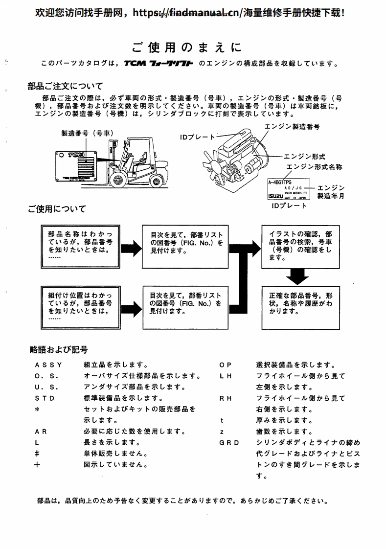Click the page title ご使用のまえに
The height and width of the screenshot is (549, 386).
pyautogui.click(x=186, y=47)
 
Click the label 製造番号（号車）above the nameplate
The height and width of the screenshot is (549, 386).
pyautogui.click(x=85, y=133)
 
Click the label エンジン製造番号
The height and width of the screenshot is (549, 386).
pyautogui.click(x=292, y=126)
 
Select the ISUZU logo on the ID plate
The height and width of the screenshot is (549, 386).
pyautogui.click(x=275, y=196)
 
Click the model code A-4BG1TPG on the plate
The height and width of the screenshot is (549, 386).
pyautogui.click(x=280, y=182)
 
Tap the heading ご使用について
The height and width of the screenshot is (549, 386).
pyautogui.click(x=57, y=209)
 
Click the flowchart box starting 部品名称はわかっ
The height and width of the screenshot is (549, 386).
pyautogui.click(x=80, y=246)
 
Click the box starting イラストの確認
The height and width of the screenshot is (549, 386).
pyautogui.click(x=299, y=246)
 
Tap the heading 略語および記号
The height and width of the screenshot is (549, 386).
pyautogui.click(x=59, y=349)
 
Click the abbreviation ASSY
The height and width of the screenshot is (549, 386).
pyautogui.click(x=48, y=365)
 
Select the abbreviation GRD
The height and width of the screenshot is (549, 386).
pyautogui.click(x=229, y=443)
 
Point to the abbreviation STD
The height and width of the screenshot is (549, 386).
pyautogui.click(x=45, y=398)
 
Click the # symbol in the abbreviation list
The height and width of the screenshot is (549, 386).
pyautogui.click(x=37, y=454)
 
